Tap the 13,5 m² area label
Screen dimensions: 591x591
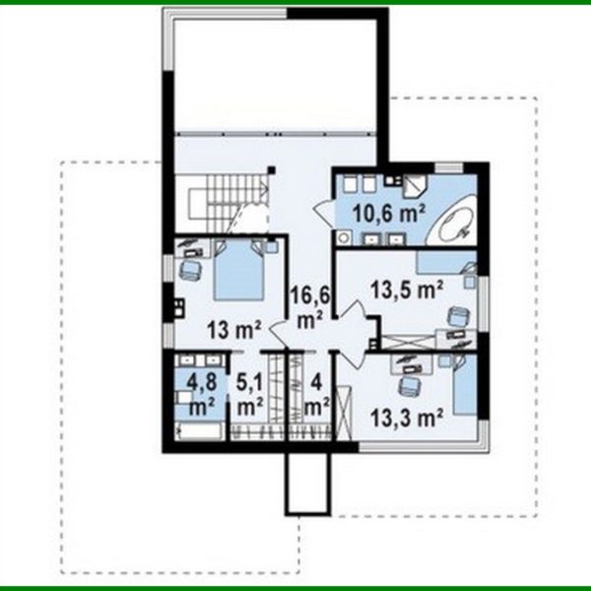(x=407, y=290)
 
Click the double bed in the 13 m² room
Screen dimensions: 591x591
(x=239, y=270)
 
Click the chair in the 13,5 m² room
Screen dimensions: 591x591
(x=455, y=318)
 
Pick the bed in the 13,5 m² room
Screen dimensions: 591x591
(x=444, y=262)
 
